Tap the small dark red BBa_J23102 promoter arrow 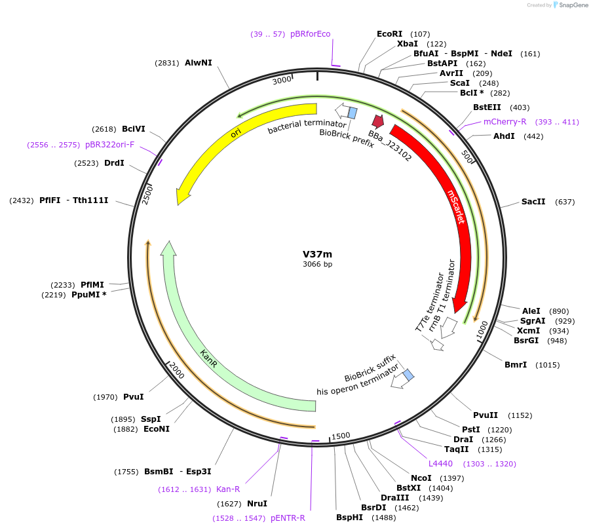click(x=378, y=121)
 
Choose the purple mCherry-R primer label click(x=505, y=122)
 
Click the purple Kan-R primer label click(x=228, y=489)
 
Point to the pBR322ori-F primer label click(x=109, y=144)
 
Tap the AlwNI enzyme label click(x=199, y=63)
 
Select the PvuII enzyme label click(x=486, y=415)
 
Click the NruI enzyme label click(x=257, y=504)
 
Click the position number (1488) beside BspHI click(x=383, y=518)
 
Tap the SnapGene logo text click(x=573, y=5)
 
